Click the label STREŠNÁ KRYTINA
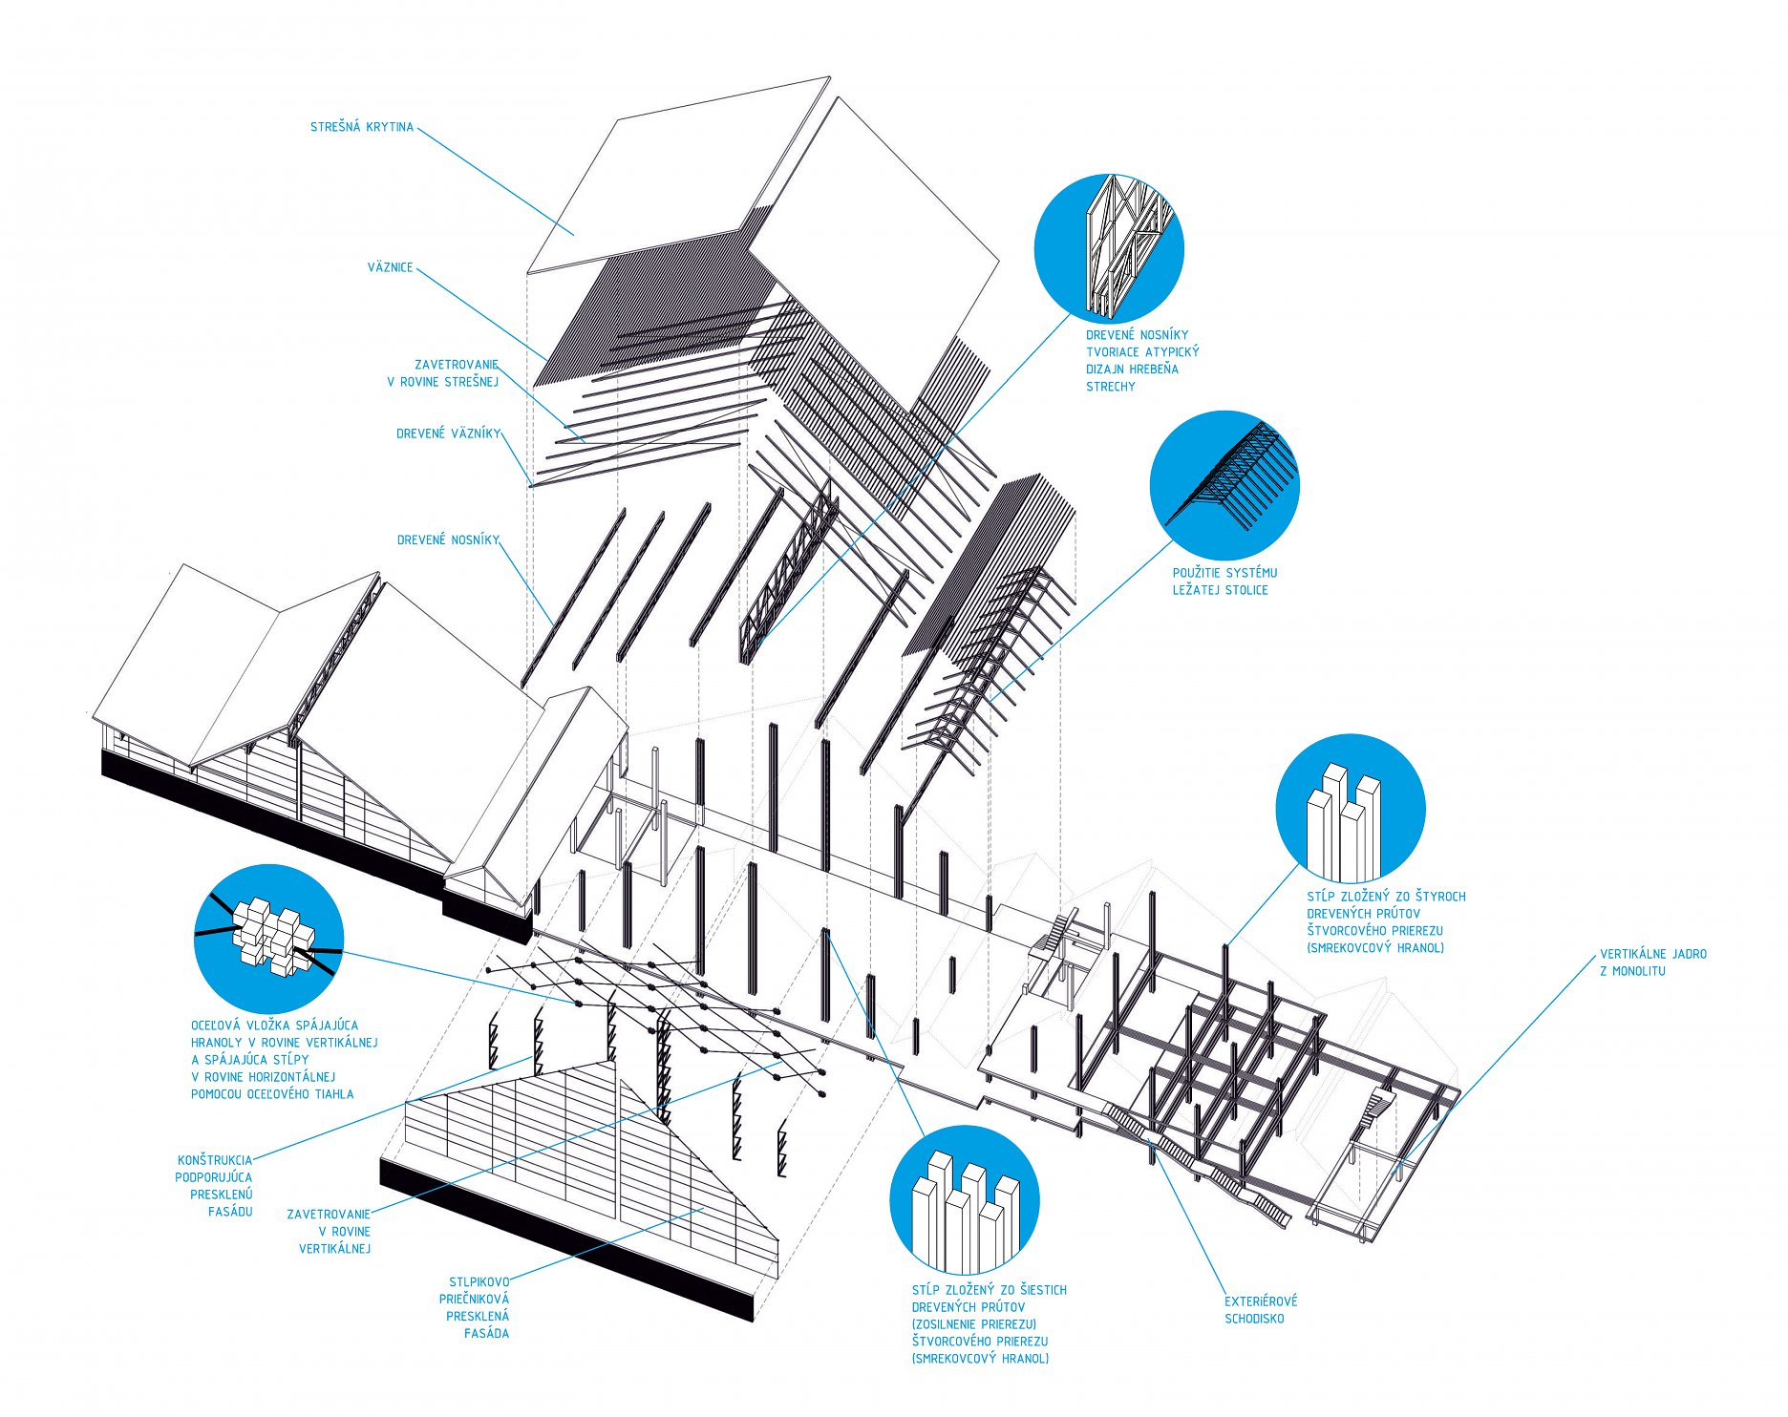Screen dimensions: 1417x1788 pos(361,127)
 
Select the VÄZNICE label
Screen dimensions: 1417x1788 pos(390,267)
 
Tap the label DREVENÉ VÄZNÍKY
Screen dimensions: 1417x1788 pos(448,434)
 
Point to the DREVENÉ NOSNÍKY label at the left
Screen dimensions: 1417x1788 pos(448,540)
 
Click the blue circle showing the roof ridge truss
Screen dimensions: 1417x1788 pos(1109,248)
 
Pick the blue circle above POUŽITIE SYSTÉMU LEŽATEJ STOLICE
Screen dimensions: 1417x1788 pos(1224,485)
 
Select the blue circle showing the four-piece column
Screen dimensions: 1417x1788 pos(1350,809)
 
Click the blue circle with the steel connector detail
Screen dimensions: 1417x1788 pos(268,940)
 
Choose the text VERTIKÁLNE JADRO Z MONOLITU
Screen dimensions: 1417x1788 pos(1652,962)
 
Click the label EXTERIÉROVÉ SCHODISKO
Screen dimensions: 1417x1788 pos(1261,1310)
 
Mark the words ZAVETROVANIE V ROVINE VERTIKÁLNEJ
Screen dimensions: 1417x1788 pos(330,1232)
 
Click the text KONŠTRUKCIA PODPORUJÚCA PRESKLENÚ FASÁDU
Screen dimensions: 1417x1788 pos(215,1186)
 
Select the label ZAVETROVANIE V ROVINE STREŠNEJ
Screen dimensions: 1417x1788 pos(444,373)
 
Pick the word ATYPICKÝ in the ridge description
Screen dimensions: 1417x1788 pos(1172,352)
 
